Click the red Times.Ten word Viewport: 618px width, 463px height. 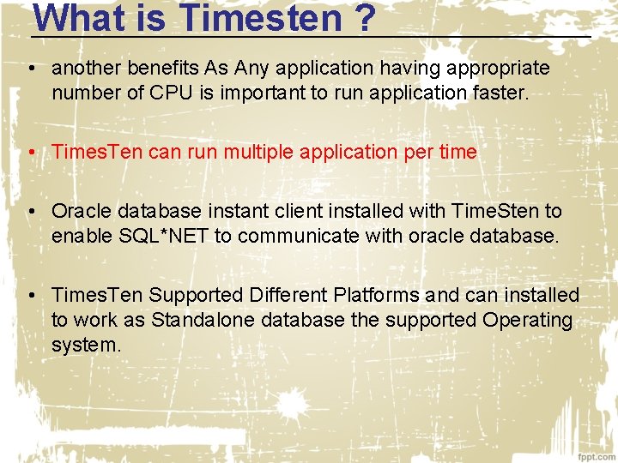(x=97, y=152)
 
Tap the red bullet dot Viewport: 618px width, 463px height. (x=30, y=153)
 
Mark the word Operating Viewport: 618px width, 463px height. (x=527, y=320)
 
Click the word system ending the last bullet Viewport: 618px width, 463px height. (x=86, y=346)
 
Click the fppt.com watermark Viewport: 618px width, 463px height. (x=595, y=454)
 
